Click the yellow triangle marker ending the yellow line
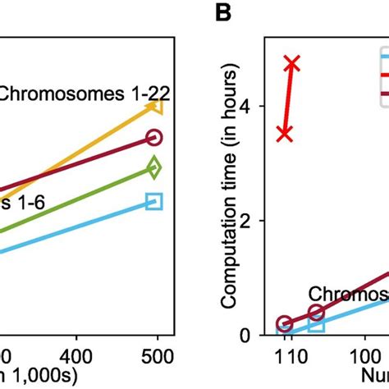[x=153, y=106]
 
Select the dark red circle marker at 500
[x=153, y=138]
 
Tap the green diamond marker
[x=153, y=167]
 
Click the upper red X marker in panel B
[x=292, y=63]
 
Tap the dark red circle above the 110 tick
[x=285, y=324]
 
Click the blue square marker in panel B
[x=316, y=326]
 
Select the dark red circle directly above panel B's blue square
[x=316, y=312]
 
